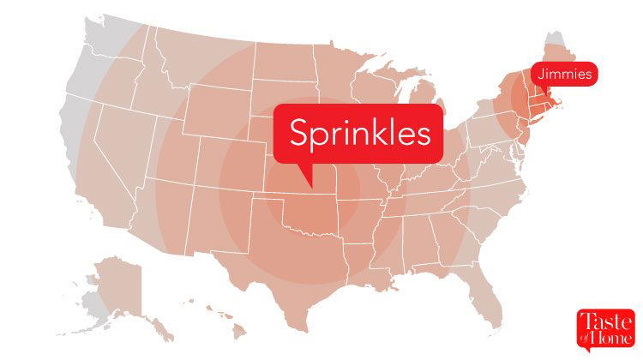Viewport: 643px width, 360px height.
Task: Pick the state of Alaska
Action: click(x=120, y=283)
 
